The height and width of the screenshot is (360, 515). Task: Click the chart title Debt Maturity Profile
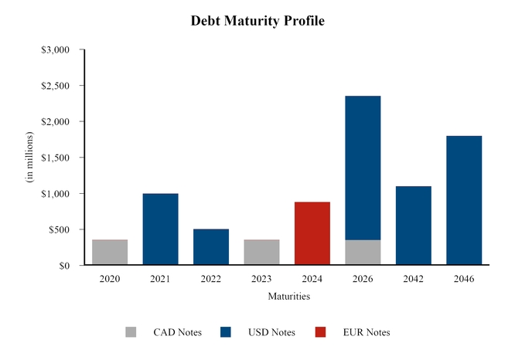[257, 21]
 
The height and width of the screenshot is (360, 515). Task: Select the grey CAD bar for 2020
[110, 253]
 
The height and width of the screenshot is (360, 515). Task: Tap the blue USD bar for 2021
[160, 229]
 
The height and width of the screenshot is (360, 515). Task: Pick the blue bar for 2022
[210, 247]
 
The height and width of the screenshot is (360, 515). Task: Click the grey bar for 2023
[261, 253]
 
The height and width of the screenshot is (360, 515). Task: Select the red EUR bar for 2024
[312, 233]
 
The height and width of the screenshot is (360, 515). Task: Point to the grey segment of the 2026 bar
[363, 253]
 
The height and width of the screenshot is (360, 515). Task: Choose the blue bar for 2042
[413, 226]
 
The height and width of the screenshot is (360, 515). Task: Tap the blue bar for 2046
[464, 201]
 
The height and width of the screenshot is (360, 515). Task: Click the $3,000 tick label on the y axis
[56, 50]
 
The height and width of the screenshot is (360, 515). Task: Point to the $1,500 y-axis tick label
[56, 158]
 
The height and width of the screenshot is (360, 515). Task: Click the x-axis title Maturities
[288, 296]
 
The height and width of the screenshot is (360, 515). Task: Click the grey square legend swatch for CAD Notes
[131, 332]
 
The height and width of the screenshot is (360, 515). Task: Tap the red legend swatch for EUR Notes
[321, 332]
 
